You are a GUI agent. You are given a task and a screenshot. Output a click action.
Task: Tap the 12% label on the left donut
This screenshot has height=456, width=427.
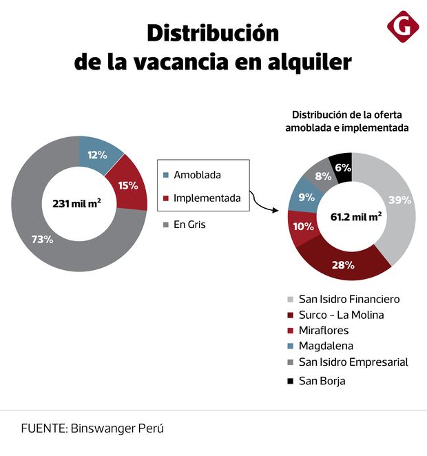click(x=97, y=154)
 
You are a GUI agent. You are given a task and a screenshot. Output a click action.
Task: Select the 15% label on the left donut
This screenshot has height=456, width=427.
click(x=127, y=185)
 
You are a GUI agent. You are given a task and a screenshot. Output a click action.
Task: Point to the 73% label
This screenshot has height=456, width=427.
click(x=43, y=240)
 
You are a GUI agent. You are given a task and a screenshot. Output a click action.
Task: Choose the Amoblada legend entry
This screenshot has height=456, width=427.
click(x=197, y=175)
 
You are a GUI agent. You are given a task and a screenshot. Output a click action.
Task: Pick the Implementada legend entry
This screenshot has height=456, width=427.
click(x=207, y=198)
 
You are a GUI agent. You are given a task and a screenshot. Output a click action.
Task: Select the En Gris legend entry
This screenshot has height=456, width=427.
click(x=189, y=225)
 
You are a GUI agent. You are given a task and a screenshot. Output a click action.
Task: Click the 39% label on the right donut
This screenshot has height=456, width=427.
click(x=399, y=200)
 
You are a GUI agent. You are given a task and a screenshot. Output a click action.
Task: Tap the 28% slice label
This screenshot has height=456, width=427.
click(x=343, y=265)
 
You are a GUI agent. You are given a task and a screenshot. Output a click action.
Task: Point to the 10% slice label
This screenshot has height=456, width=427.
click(x=303, y=227)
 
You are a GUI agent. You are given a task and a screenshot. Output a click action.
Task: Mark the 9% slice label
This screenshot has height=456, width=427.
click(x=306, y=196)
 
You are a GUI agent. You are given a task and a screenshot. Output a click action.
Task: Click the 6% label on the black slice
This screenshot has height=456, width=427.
click(x=343, y=167)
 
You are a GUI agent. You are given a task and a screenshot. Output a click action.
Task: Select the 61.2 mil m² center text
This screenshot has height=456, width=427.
click(x=355, y=217)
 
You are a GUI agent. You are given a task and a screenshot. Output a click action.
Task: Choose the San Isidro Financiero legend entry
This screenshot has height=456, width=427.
click(x=348, y=299)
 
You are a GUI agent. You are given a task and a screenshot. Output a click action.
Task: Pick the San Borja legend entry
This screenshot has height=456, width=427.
click(x=322, y=380)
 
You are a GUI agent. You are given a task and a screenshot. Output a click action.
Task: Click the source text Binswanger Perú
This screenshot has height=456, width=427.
click(x=117, y=428)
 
